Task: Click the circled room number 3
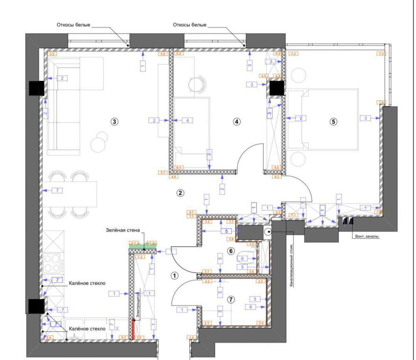tap(114, 122)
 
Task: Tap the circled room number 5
tap(333, 122)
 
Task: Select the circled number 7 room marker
tap(231, 299)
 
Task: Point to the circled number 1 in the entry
tap(175, 275)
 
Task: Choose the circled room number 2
tap(180, 193)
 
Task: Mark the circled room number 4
tap(236, 122)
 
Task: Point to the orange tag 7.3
tap(381, 54)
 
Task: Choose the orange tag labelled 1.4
tap(192, 337)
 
